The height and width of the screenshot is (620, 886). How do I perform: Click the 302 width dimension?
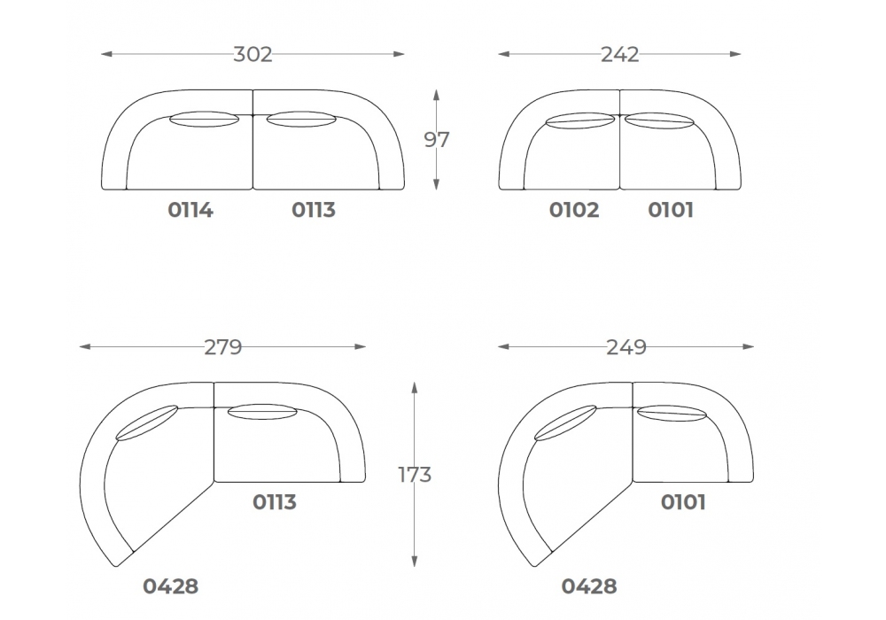point(253,54)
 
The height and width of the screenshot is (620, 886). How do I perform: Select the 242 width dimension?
point(620,54)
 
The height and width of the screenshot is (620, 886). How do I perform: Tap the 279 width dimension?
point(223,346)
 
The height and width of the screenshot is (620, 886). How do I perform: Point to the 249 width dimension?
point(626,346)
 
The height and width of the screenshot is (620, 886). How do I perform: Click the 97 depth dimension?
point(436,139)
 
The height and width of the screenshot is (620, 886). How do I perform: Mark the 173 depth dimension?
point(415,475)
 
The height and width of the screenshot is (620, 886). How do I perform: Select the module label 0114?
point(190,210)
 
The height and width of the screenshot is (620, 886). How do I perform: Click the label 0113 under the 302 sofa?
point(314,210)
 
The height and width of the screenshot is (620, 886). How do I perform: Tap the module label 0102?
point(574,210)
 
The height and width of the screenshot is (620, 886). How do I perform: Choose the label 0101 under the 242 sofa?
point(671,210)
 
